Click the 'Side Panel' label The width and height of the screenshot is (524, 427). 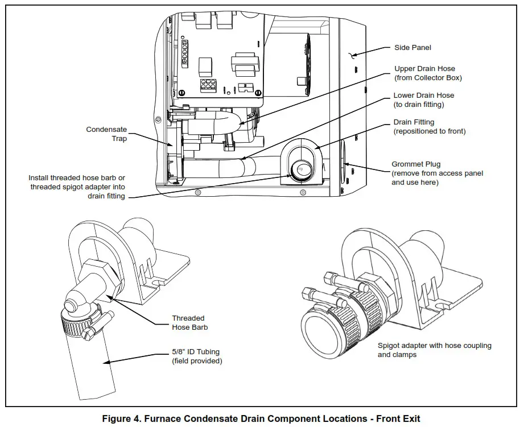[412, 48]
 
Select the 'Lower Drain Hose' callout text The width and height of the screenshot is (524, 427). [423, 96]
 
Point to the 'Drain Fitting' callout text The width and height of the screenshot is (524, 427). [414, 122]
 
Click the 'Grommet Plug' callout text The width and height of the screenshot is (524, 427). [416, 164]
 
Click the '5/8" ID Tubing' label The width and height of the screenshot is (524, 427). [197, 352]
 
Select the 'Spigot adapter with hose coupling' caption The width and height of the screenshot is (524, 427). [434, 346]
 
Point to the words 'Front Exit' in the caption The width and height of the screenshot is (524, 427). [399, 418]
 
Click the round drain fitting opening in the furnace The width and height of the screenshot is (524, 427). [300, 168]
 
